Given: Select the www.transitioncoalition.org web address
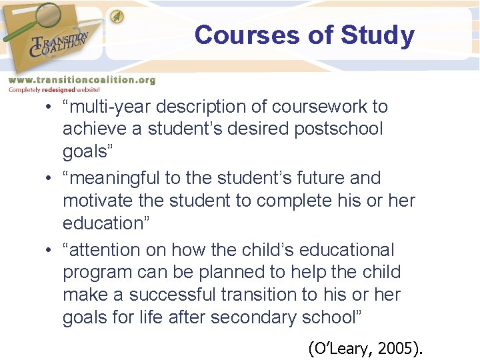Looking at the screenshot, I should click(81, 79).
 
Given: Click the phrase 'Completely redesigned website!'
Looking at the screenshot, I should click(54, 89).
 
